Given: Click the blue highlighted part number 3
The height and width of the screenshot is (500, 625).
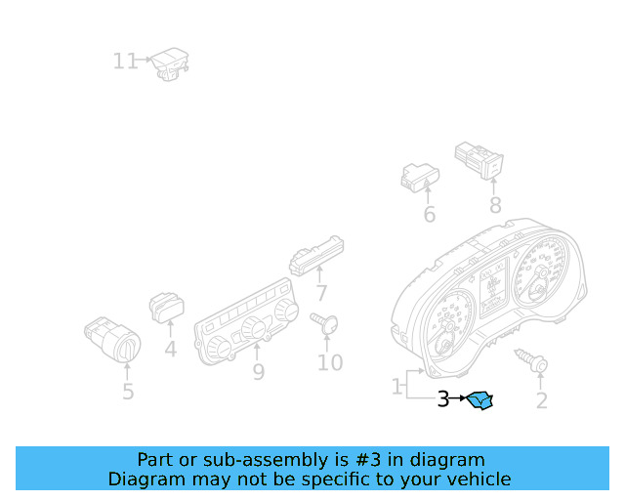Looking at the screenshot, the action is [479, 400].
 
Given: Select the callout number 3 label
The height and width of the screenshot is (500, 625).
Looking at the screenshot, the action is [443, 398].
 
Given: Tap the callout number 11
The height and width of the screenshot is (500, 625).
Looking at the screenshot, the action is [125, 62].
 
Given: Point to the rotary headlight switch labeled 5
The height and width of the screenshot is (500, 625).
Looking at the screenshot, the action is [113, 339].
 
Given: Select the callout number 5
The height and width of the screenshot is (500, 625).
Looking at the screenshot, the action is [128, 392].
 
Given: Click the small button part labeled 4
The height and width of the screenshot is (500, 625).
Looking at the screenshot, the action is [167, 308].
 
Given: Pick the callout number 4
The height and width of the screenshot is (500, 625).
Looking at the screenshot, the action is [171, 350].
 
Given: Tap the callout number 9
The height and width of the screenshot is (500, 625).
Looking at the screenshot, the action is [259, 372].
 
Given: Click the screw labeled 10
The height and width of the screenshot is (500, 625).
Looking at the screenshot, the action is [324, 323].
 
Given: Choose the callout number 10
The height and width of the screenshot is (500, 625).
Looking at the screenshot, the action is [330, 363].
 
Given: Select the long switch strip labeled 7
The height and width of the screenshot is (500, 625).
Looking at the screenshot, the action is [316, 256].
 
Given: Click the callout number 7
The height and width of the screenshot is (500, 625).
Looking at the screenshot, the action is [321, 294].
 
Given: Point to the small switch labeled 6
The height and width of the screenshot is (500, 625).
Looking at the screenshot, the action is [420, 178].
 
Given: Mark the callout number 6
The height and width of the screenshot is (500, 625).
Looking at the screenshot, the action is [430, 215].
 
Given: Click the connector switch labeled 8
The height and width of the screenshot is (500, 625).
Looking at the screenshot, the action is [479, 160].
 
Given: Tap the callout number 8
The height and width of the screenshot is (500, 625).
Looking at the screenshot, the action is [495, 206].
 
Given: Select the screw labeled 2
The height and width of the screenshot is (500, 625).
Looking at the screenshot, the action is [531, 360].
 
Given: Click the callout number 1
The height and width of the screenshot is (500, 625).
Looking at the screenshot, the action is [396, 387].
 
